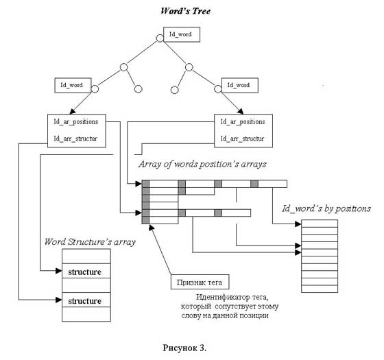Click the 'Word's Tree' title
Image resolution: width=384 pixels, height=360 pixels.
185,11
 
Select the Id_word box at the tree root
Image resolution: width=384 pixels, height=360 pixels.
182,34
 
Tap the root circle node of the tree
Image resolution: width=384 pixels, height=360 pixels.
160,38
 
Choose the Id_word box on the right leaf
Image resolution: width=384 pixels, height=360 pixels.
240,85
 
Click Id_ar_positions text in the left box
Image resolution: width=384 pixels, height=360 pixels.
76,122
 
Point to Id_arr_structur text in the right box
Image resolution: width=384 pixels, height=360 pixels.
242,139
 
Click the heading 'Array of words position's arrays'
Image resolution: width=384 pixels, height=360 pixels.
202,164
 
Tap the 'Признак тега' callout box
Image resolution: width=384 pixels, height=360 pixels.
200,282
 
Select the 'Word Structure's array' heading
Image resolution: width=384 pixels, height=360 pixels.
90,242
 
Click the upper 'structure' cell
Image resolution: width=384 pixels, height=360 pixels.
86,271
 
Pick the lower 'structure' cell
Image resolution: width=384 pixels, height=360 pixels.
86,300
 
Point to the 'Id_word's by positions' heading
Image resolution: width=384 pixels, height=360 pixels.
326,208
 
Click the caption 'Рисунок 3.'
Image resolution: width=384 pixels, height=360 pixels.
184,348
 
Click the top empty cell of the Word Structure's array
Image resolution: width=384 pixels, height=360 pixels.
86,256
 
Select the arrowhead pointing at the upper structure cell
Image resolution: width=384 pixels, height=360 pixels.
59,271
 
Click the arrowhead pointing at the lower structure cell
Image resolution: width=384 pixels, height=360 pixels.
59,300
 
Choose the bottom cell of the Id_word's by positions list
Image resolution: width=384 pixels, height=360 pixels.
320,289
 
